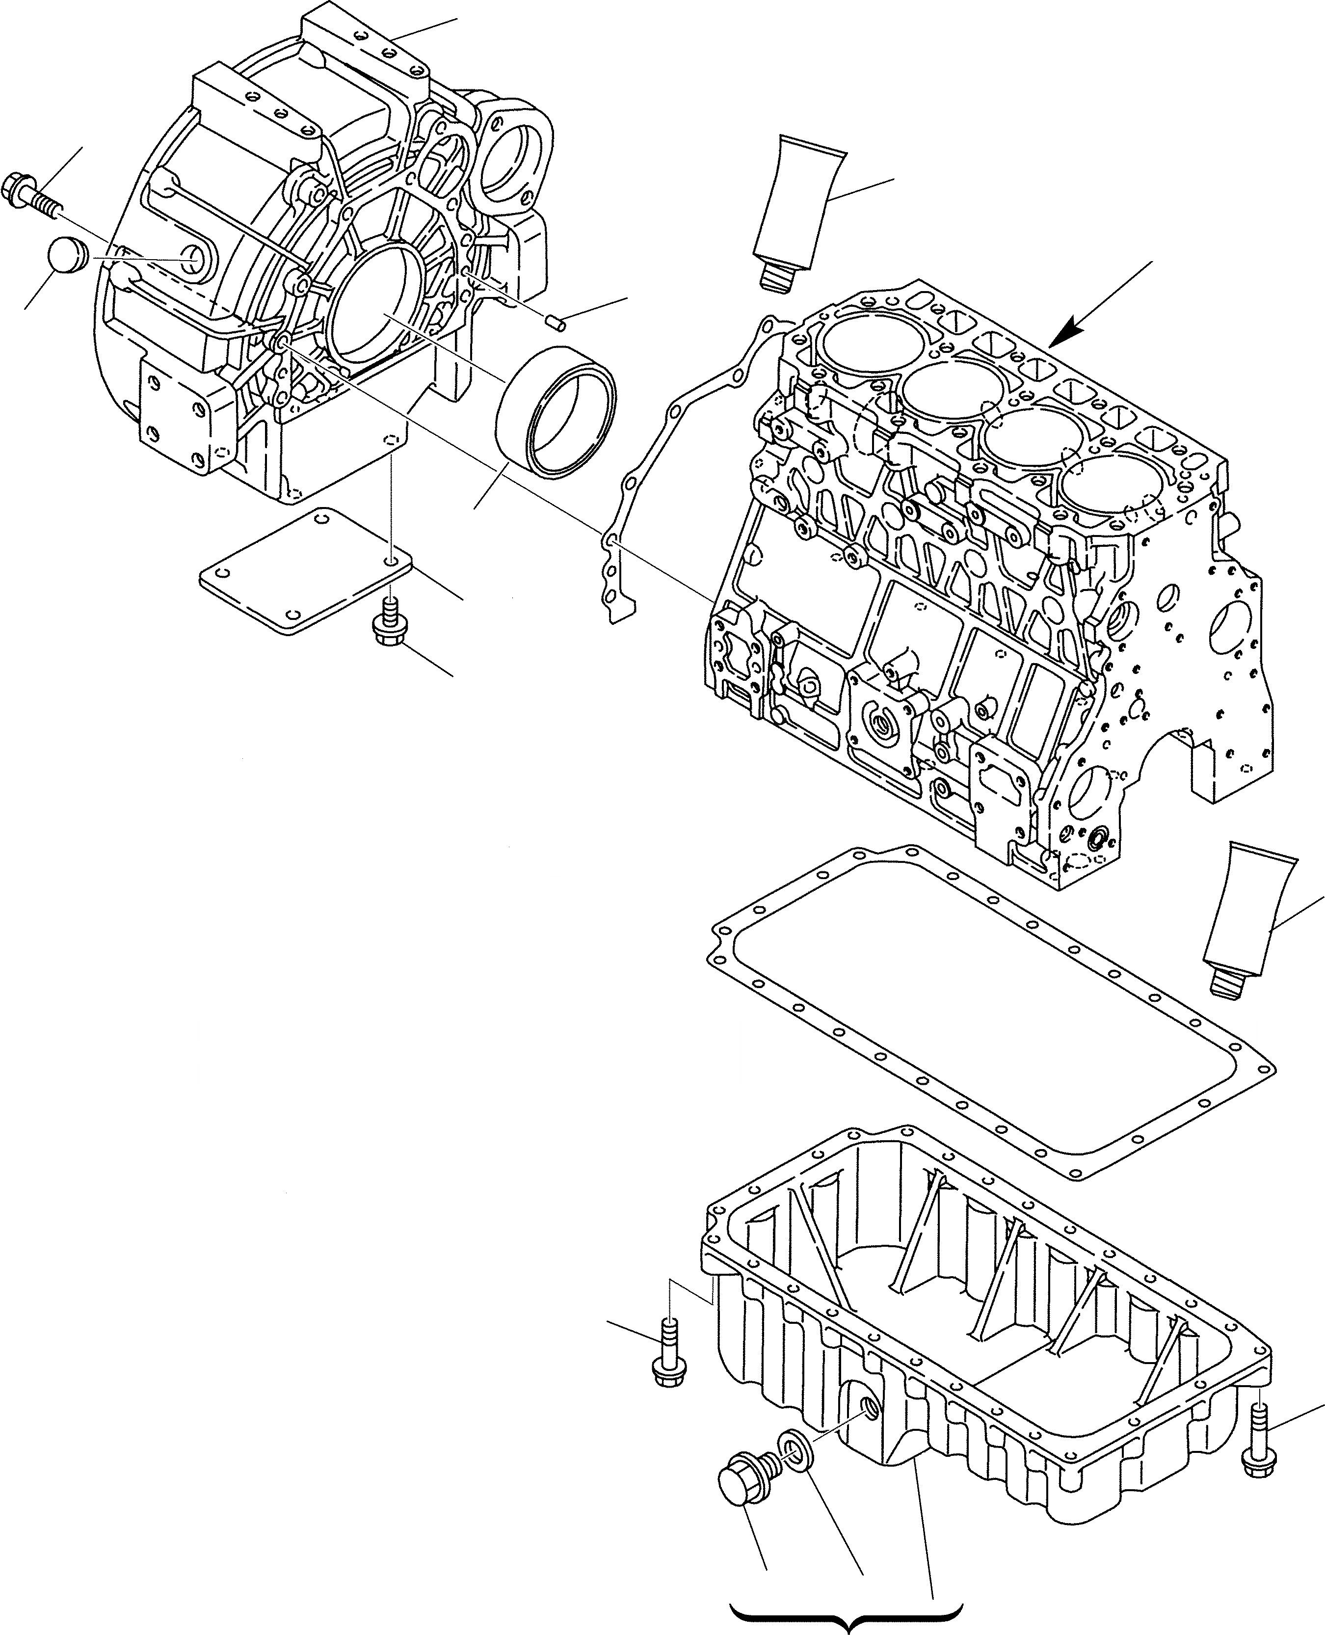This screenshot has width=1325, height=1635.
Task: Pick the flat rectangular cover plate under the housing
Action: point(305,570)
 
